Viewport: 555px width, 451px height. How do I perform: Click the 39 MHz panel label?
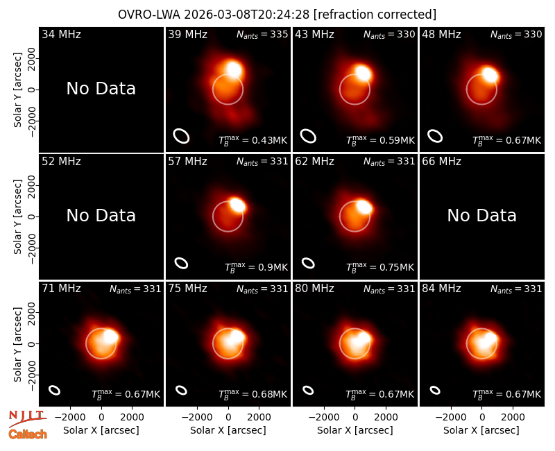tap(187, 34)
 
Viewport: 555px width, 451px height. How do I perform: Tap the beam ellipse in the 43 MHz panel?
tap(308, 136)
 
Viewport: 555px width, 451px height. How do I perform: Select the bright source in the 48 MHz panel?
tap(490, 75)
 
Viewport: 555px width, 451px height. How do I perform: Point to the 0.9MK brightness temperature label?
tap(256, 267)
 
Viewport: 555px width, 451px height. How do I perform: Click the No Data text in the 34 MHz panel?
tap(101, 89)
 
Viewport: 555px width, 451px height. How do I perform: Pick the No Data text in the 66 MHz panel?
tap(481, 215)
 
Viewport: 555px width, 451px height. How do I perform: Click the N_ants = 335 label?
tap(262, 34)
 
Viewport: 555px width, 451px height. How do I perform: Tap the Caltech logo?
tap(28, 434)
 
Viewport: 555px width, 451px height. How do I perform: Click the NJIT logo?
tap(27, 418)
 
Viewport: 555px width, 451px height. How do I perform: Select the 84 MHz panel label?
tap(441, 289)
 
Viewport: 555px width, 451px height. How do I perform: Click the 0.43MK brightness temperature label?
tap(253, 140)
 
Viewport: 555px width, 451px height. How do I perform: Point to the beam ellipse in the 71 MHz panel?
tap(55, 390)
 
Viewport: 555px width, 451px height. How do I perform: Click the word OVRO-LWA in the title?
tap(149, 15)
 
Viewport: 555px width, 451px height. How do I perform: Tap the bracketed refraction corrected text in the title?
tap(375, 15)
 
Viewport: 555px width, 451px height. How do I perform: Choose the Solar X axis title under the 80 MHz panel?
tap(355, 430)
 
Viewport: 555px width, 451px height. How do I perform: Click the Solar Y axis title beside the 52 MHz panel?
tap(17, 216)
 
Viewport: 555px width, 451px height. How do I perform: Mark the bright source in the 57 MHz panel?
tap(237, 205)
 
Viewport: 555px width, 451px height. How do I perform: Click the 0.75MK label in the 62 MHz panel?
tap(379, 267)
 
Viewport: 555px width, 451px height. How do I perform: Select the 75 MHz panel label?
tap(187, 289)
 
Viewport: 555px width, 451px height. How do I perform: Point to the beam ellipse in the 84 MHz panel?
tap(435, 390)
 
